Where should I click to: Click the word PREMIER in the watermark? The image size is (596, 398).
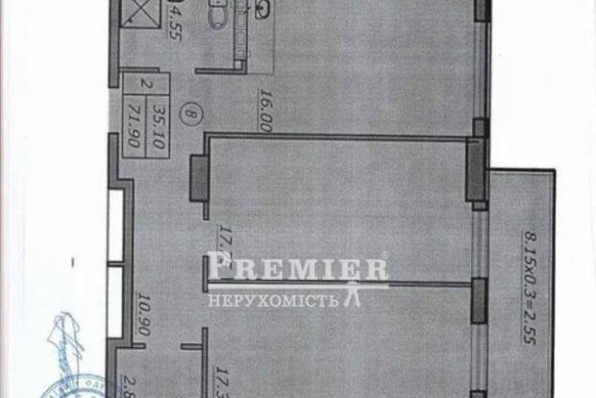click(x=297, y=269)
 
